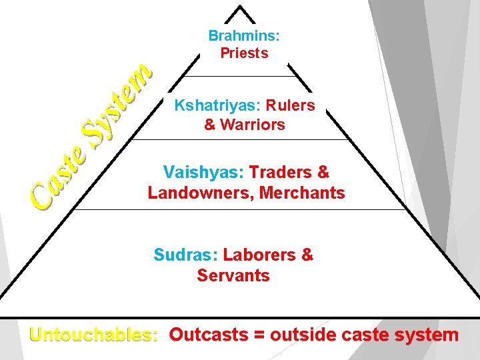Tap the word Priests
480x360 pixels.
point(244,53)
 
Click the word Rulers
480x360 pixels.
point(290,105)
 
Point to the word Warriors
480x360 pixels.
point(253,125)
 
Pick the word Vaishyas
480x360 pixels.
point(203,173)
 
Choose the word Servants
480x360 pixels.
point(233,275)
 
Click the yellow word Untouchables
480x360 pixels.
point(94,335)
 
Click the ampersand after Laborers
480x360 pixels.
point(307,255)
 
